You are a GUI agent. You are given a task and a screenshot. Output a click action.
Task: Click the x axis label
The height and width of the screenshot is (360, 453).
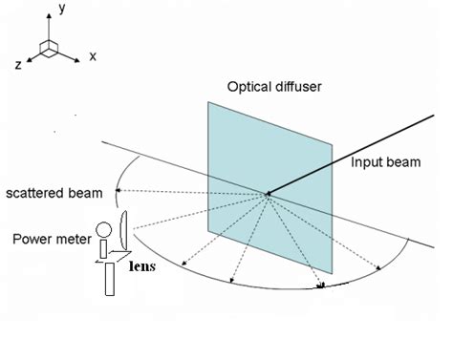[x=93, y=56]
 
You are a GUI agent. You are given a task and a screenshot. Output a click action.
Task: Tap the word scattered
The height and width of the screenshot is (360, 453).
[x=32, y=195]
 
